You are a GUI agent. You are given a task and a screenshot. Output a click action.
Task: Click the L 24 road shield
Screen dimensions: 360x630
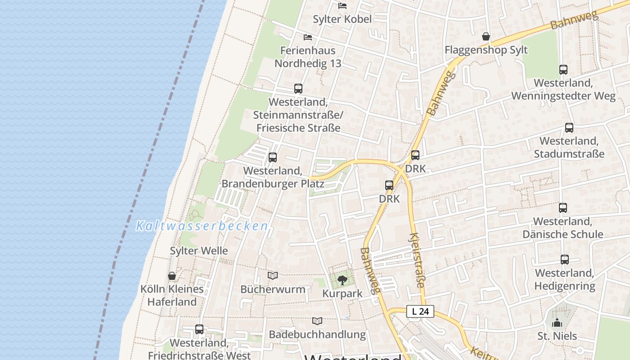(x=420, y=311)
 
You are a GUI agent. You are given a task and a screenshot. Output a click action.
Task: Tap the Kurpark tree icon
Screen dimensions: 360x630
(x=342, y=280)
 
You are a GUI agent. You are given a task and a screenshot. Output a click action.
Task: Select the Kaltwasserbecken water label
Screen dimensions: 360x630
(x=202, y=226)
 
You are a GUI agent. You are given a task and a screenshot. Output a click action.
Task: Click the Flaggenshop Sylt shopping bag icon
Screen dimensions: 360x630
(x=486, y=36)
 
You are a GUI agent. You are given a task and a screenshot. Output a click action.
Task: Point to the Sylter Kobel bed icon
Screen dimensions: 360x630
(x=342, y=6)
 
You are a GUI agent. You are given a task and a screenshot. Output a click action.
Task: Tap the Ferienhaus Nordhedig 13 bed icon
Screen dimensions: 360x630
(x=308, y=37)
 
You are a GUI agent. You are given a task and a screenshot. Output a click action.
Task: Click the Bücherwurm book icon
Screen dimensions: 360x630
(x=273, y=275)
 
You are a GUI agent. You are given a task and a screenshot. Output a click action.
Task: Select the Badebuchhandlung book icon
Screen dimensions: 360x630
(x=317, y=321)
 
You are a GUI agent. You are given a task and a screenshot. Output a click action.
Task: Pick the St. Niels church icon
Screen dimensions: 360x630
(x=557, y=323)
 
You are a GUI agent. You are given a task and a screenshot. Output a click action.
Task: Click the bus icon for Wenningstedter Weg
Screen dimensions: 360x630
(x=563, y=70)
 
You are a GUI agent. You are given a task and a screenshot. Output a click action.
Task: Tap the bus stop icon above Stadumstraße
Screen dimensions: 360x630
(x=569, y=128)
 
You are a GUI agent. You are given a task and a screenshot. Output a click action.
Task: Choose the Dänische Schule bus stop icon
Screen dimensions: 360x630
(x=563, y=208)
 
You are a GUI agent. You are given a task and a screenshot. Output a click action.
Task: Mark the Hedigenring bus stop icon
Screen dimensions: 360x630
(x=565, y=260)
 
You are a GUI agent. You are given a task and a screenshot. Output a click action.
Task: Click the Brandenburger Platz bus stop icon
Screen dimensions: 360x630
(x=273, y=157)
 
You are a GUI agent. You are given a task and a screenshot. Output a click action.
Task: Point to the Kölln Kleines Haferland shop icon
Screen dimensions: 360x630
(x=172, y=276)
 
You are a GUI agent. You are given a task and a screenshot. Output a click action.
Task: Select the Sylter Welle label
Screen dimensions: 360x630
(x=199, y=251)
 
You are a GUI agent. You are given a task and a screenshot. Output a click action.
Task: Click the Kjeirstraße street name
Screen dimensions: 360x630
(x=417, y=260)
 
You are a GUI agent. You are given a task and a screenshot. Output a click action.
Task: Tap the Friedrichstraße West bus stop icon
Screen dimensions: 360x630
(x=199, y=329)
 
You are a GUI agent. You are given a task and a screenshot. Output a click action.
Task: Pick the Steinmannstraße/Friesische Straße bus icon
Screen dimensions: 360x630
(x=298, y=89)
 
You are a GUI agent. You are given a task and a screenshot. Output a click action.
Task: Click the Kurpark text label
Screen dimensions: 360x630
(x=342, y=294)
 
